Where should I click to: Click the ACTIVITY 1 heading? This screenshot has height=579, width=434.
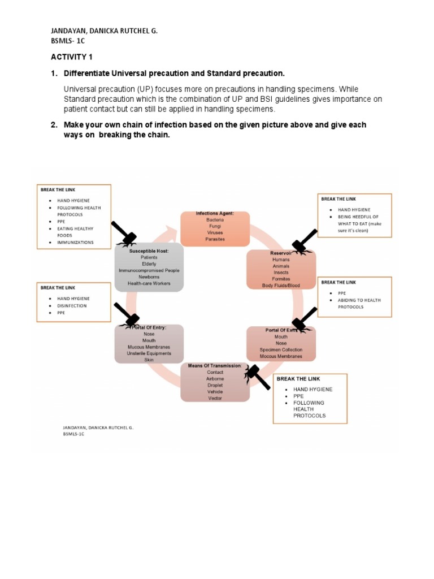71,58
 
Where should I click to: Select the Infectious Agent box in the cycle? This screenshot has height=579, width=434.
215,227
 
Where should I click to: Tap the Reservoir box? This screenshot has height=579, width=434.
281,269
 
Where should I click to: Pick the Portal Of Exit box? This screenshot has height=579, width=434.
281,343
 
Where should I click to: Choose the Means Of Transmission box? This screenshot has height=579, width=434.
215,382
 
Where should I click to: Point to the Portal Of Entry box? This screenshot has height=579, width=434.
149,343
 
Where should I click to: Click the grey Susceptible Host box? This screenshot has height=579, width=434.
149,267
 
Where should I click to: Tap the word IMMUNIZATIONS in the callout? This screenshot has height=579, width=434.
75,243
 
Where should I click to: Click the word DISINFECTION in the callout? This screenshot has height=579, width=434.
72,305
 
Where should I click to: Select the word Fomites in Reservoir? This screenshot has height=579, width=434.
281,279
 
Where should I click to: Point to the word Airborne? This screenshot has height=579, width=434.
215,379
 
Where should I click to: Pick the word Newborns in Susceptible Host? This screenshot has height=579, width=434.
149,277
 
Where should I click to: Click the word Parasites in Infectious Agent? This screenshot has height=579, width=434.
215,239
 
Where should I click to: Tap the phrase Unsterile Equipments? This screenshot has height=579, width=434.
149,353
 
